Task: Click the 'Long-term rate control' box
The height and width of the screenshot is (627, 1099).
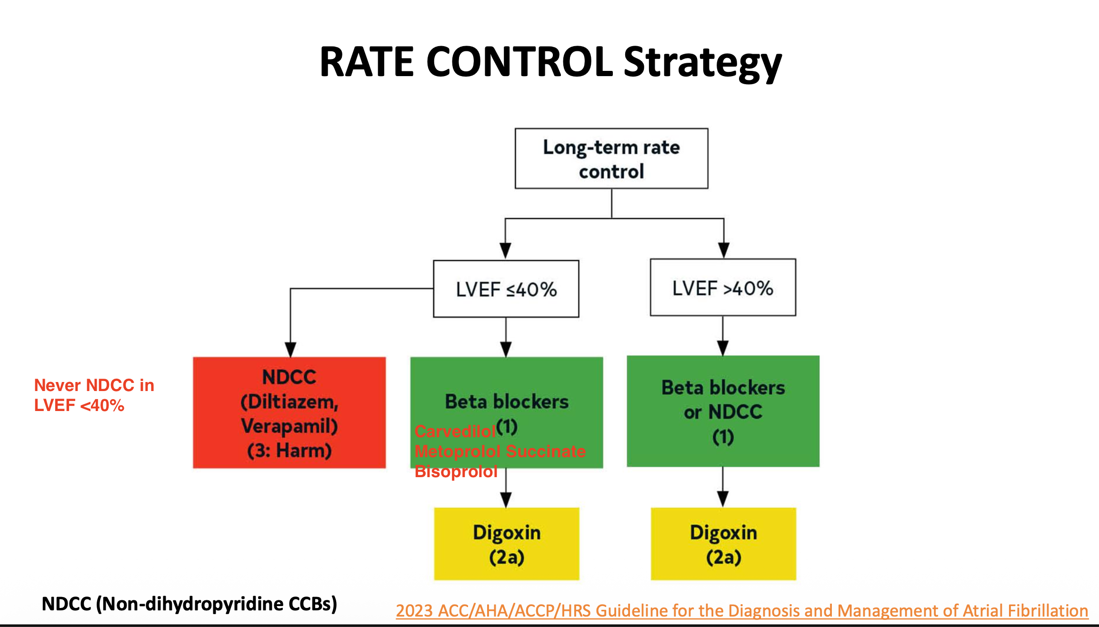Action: point(611,158)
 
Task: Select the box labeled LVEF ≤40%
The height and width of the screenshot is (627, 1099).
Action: point(506,289)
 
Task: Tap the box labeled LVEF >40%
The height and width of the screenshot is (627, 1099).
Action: point(723,287)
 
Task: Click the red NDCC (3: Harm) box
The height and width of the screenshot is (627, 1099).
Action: point(290,412)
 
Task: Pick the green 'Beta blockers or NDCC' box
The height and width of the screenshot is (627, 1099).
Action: point(723,411)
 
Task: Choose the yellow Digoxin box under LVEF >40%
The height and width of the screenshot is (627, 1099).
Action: point(723,544)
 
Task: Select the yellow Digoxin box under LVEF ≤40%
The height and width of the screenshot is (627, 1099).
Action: point(507,544)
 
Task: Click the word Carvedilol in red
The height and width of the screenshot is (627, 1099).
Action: point(455,431)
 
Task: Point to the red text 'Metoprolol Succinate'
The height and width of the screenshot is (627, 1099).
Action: point(500,451)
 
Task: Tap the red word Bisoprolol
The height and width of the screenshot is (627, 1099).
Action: point(456,471)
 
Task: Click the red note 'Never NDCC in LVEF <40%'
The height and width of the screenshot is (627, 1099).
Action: point(94,395)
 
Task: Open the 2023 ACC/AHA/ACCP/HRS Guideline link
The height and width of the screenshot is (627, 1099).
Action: point(742,610)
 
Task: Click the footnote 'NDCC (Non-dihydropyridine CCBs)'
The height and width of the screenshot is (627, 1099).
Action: point(190,604)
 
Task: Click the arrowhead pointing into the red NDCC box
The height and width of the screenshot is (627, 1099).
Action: point(290,350)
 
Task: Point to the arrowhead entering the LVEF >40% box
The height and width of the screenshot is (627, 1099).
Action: point(724,251)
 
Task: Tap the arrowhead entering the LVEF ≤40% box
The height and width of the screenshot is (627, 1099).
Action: point(505,251)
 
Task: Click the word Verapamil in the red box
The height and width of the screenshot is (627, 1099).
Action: point(290,426)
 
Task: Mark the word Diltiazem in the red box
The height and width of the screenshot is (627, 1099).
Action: point(290,402)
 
